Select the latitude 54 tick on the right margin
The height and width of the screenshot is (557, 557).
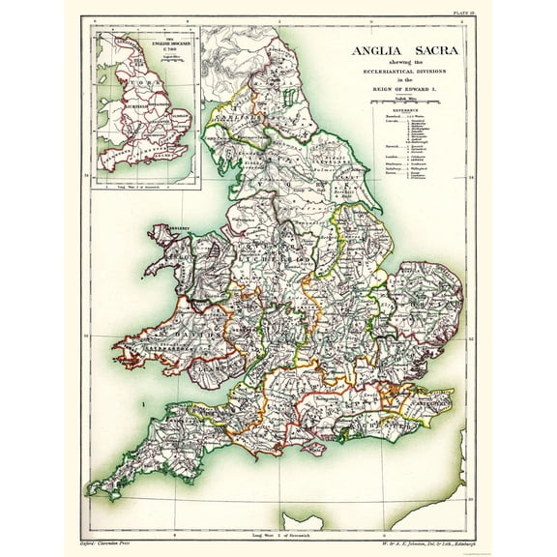point(469,179)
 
